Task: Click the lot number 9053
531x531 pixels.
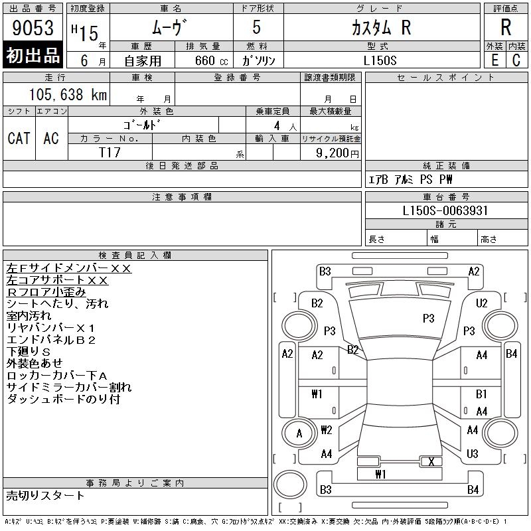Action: coord(33,28)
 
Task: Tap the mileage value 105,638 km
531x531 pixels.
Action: coord(68,94)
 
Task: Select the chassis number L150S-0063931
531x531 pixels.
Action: coord(445,210)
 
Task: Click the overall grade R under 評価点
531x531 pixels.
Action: coord(506,27)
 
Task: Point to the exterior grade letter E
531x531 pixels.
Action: coord(494,60)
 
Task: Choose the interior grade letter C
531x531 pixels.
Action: coord(516,60)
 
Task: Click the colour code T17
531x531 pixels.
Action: coord(110,153)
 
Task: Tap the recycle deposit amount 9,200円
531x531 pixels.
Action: coord(337,153)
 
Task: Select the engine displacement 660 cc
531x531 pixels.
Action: coord(211,60)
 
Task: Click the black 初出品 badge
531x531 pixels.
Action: coord(33,55)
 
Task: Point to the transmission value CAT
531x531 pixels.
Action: coord(19,139)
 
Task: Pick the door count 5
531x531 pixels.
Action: coord(257,27)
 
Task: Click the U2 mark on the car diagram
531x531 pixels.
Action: coord(481,303)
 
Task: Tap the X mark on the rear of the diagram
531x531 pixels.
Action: coord(431,461)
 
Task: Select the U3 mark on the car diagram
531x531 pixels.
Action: coord(472,453)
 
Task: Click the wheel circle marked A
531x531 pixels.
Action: coord(299,433)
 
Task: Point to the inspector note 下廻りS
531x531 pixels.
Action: coord(29,352)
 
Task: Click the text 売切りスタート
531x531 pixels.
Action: coord(45,495)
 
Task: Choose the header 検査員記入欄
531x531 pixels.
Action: coord(135,255)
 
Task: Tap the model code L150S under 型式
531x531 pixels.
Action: coord(380,60)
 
